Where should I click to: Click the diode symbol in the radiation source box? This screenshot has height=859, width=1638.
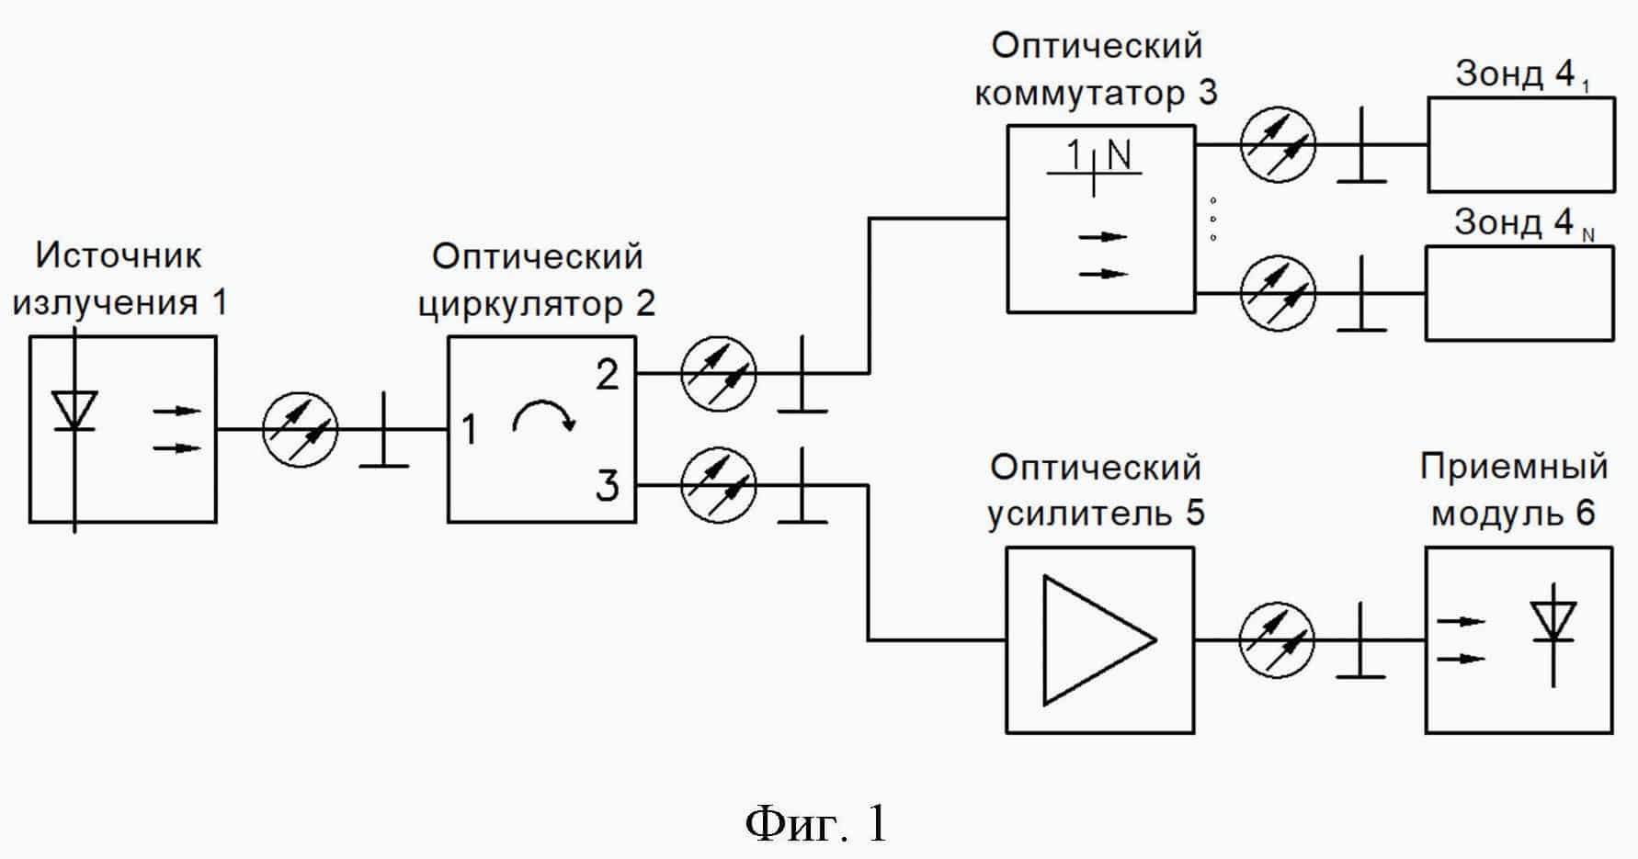(74, 411)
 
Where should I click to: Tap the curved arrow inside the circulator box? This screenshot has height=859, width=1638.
(543, 417)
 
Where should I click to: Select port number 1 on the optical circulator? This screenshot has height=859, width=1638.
(469, 430)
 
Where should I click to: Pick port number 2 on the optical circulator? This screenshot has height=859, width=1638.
(607, 375)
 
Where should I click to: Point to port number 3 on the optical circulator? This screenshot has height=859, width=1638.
(607, 485)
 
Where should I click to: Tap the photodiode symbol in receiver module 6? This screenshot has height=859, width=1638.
(1553, 623)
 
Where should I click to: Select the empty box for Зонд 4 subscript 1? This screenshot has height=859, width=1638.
(1520, 144)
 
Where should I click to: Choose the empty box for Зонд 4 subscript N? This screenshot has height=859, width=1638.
(1519, 293)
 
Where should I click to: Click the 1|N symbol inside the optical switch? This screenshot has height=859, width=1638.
(1095, 162)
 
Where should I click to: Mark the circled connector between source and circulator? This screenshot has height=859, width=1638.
(301, 429)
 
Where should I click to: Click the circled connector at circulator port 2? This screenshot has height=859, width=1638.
(719, 373)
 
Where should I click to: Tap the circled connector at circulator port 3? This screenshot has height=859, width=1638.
(719, 484)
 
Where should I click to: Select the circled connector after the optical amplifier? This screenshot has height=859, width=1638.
(1277, 640)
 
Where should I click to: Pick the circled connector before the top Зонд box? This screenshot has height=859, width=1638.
(1278, 144)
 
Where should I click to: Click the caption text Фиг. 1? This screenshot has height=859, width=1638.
(816, 823)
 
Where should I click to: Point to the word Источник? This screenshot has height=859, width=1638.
(118, 255)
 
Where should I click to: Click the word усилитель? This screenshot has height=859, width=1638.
(1066, 513)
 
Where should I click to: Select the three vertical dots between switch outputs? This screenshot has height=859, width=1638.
(1213, 219)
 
